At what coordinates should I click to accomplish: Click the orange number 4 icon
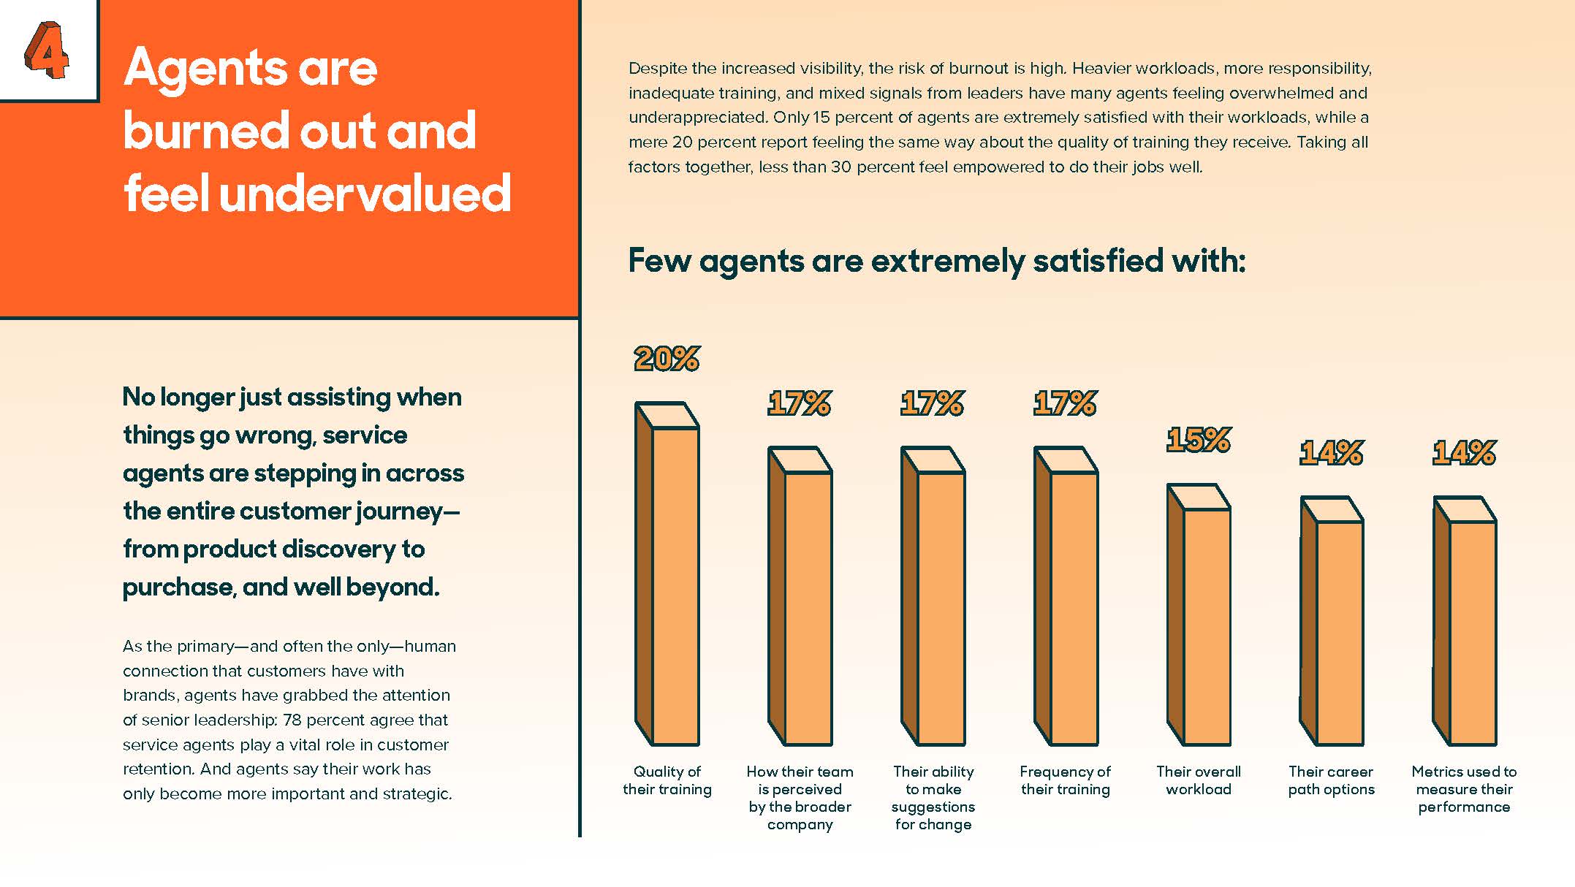pyautogui.click(x=46, y=50)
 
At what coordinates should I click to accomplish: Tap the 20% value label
pyautogui.click(x=667, y=359)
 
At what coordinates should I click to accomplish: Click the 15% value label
pyautogui.click(x=1199, y=440)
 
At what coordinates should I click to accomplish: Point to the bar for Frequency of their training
pyautogui.click(x=1066, y=599)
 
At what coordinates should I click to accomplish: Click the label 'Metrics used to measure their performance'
pyautogui.click(x=1464, y=789)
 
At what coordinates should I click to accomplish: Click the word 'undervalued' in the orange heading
pyautogui.click(x=365, y=194)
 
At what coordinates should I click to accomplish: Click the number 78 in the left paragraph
pyautogui.click(x=292, y=720)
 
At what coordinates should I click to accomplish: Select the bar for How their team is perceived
pyautogui.click(x=800, y=599)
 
